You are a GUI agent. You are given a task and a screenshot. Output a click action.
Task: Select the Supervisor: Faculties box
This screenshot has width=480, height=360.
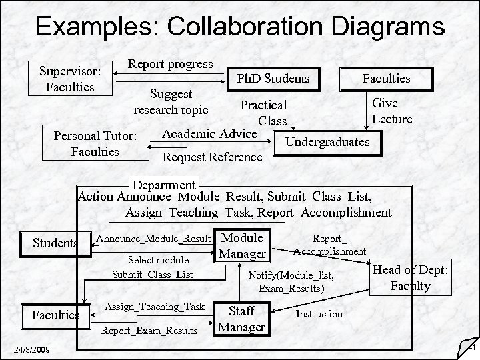pos(70,78)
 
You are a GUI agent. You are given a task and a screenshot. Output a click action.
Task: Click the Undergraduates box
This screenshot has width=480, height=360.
pos(327,143)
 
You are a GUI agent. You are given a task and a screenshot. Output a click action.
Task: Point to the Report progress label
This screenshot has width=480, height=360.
pos(171,65)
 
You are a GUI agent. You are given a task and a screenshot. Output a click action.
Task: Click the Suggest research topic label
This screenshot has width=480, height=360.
pos(171,101)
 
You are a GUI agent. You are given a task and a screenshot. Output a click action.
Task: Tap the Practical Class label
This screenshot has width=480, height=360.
pos(264,113)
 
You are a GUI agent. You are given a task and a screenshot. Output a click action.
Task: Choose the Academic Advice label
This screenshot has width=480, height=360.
pos(209,133)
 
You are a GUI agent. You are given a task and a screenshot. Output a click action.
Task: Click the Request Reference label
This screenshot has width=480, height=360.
pos(213,157)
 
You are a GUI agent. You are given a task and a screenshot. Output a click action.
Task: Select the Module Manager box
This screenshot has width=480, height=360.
pos(243,245)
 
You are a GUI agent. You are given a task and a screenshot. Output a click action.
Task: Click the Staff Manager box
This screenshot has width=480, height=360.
pos(242,318)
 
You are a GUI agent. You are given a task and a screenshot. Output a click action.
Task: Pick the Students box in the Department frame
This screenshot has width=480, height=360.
pos(56,243)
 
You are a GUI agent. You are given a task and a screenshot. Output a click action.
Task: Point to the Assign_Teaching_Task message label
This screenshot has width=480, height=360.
pos(155,306)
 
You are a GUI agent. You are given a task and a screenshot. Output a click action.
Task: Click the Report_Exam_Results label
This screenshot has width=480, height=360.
pos(149,329)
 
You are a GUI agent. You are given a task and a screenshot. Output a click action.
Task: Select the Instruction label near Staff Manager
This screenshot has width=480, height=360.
pos(319,313)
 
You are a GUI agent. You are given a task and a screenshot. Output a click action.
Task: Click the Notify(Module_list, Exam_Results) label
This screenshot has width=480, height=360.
pos(291,281)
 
